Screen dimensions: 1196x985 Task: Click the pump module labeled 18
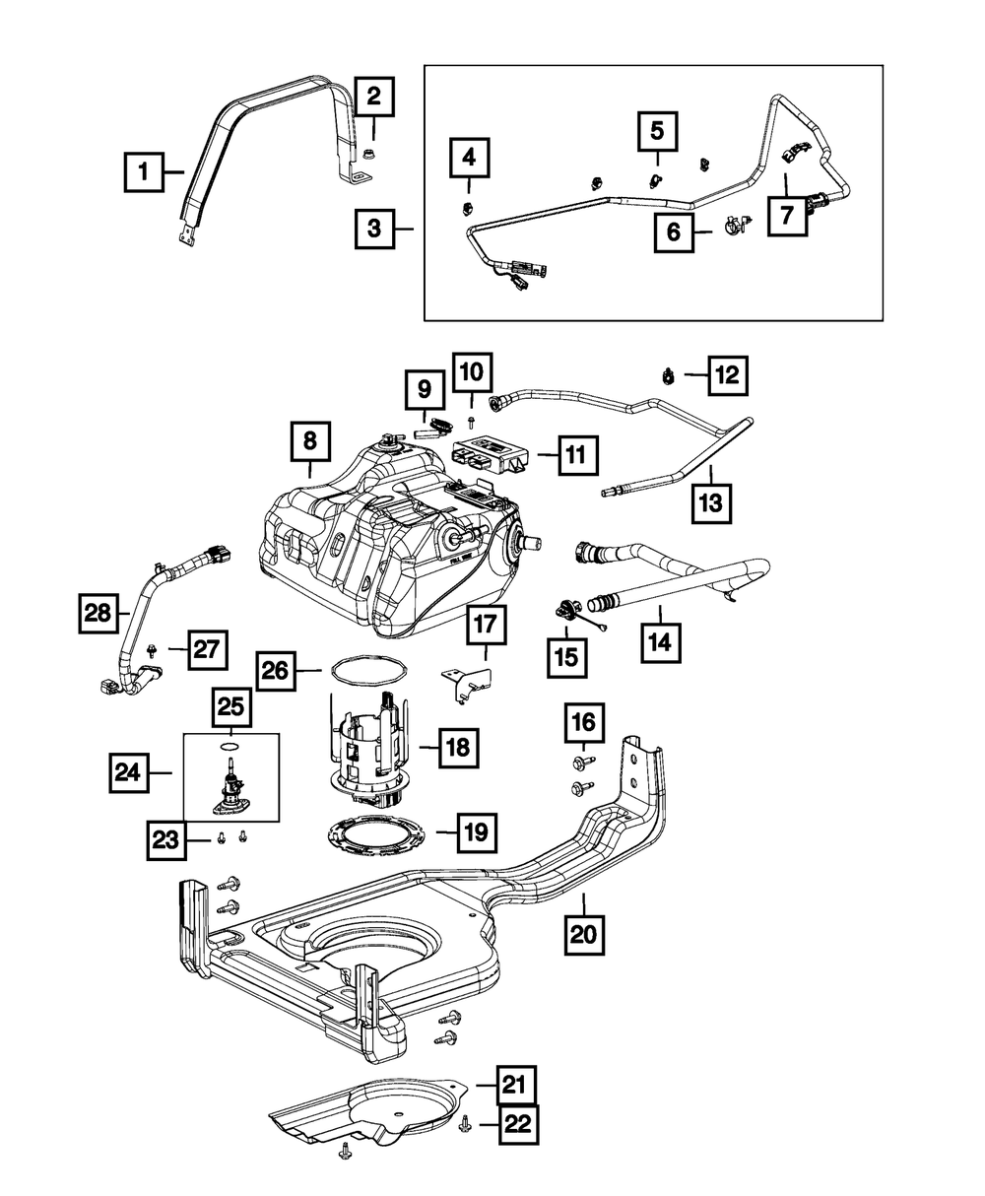pos(371,749)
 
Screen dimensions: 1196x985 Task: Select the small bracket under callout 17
pos(467,682)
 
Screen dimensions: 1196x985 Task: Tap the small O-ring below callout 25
pos(229,747)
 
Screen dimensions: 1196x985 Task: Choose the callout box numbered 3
pos(374,229)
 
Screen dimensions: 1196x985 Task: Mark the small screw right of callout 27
pos(153,648)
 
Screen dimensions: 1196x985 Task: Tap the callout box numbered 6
pos(675,233)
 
